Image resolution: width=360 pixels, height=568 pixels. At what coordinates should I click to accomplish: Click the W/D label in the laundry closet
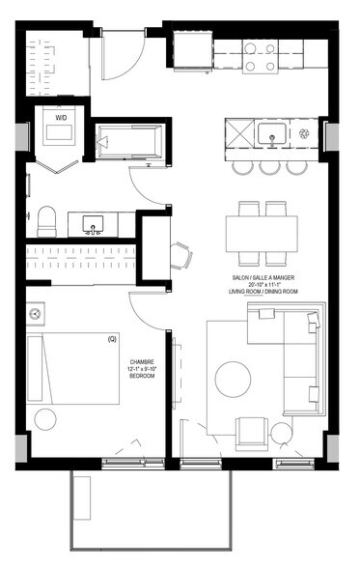[62, 118]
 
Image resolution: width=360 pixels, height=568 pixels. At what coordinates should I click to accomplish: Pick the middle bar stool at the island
[268, 168]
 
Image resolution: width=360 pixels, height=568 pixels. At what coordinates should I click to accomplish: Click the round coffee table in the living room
[234, 379]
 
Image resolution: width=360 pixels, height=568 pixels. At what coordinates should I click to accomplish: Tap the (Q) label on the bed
[111, 339]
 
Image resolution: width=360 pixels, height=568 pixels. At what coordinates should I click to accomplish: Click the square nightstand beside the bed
[36, 315]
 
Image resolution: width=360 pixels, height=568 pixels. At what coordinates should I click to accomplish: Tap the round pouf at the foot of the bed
[45, 419]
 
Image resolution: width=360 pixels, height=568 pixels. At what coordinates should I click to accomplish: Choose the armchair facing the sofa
[253, 430]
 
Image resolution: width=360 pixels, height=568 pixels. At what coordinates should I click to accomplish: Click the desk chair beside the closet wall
[180, 255]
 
